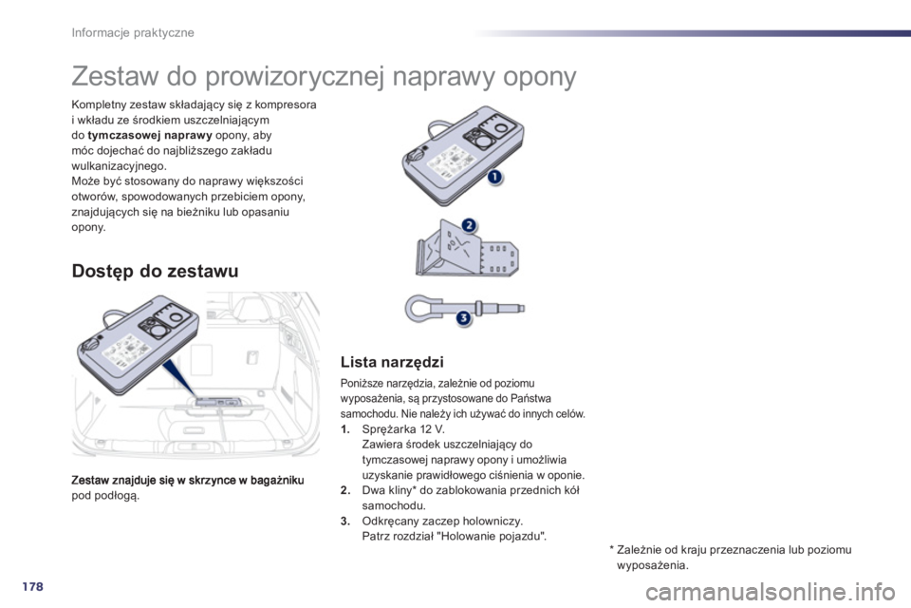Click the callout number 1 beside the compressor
coord(495,178)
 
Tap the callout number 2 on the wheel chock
coord(467,224)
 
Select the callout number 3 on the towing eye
coord(463,318)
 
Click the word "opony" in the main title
coord(530,77)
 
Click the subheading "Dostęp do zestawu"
coord(154,271)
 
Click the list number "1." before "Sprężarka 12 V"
coord(344,428)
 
